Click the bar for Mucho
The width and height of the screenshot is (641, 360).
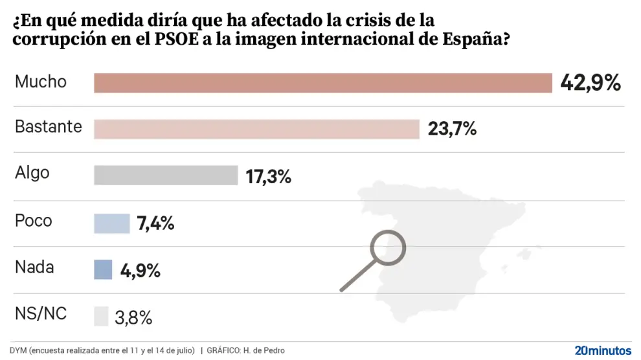point(322,84)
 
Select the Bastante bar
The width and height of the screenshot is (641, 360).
point(256,129)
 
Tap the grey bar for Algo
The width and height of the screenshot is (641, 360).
point(166,175)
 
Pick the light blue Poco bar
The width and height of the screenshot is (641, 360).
point(112,223)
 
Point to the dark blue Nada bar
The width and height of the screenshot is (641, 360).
point(103,269)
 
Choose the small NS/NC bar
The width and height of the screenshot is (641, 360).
point(101,316)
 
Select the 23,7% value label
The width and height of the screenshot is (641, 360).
point(453,129)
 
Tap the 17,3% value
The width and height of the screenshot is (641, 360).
point(269,175)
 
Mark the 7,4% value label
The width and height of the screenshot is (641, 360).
point(155,224)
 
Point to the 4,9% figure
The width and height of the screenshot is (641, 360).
point(141,270)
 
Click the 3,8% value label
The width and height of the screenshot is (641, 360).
point(133,317)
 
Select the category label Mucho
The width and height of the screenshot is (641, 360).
point(41,82)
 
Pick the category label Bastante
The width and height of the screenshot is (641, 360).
point(49,126)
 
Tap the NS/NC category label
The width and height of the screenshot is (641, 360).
point(41,314)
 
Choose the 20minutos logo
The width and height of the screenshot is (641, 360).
point(603,350)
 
